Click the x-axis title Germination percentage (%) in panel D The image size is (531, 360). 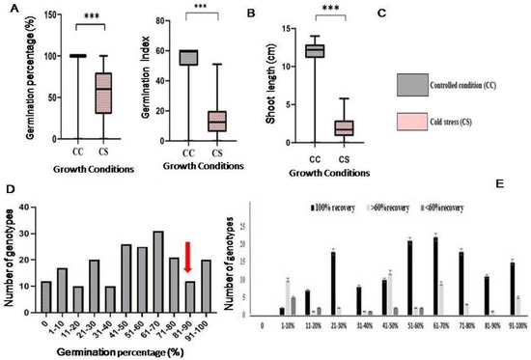tap(122, 352)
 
